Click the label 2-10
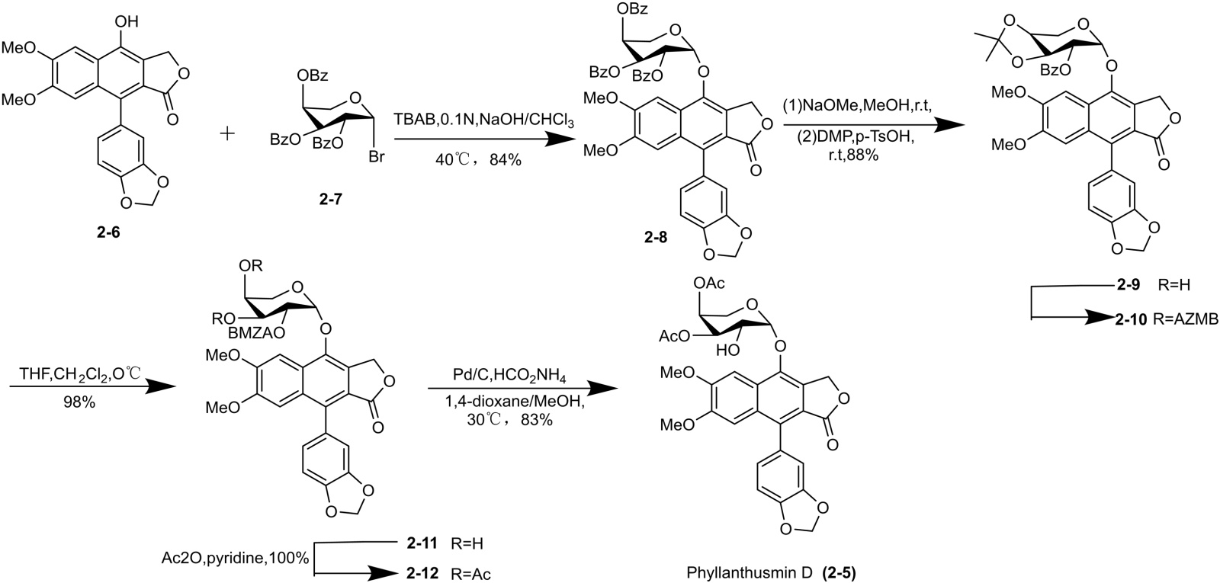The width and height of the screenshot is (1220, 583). point(1130,320)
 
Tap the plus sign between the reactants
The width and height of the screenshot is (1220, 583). point(226,133)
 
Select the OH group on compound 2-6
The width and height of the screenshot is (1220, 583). point(126,13)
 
